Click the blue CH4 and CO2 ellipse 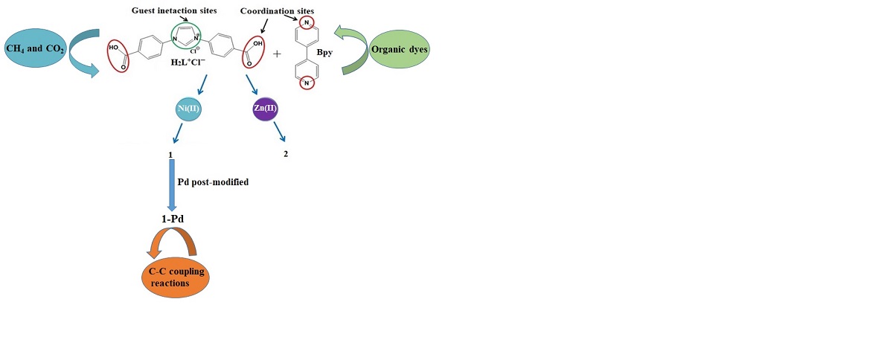tap(35, 48)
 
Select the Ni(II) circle tap(185, 109)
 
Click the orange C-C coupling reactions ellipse tap(176, 277)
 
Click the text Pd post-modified tap(214, 181)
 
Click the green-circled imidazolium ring tap(186, 34)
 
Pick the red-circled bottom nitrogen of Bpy tap(306, 83)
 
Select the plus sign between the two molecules tap(278, 55)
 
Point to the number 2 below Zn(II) tap(285, 154)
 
